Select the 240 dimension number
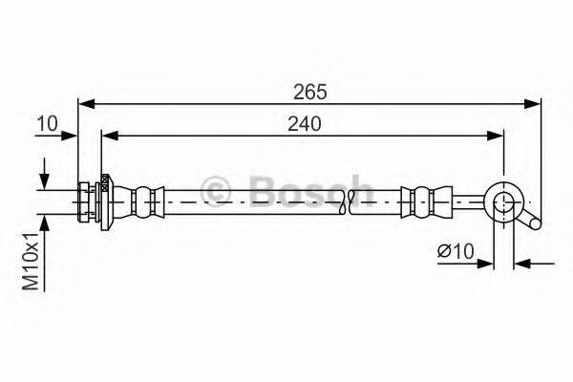[x=301, y=123]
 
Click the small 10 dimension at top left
[x=47, y=123]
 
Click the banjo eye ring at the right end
[x=502, y=202]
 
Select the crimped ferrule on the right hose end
[x=419, y=201]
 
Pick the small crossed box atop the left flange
[x=102, y=187]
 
